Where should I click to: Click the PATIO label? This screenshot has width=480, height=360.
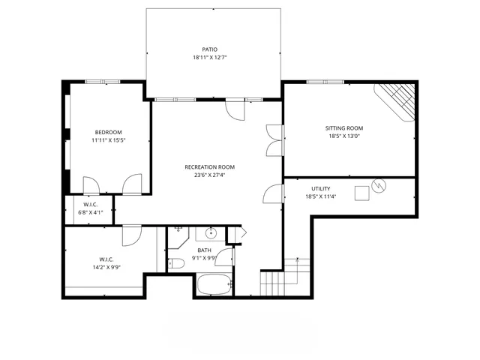tap(209, 49)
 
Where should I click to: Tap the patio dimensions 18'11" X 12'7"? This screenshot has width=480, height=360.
tap(209, 58)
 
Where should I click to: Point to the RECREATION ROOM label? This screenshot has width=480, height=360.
tap(210, 166)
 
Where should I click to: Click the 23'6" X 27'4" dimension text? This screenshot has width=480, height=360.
tap(210, 175)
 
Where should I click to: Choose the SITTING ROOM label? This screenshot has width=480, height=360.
tap(344, 127)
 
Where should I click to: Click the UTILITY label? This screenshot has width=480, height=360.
tap(320, 188)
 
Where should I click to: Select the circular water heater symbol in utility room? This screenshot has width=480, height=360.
tap(379, 184)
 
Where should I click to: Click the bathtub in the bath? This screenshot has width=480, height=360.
tap(214, 284)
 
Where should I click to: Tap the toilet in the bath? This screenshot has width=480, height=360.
tap(175, 262)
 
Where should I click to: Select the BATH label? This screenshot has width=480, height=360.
tap(204, 250)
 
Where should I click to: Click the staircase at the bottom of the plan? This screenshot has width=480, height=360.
tap(274, 283)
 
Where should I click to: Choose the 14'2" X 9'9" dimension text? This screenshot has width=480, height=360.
tap(106, 267)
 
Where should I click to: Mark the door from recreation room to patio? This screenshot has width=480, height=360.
tap(235, 109)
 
